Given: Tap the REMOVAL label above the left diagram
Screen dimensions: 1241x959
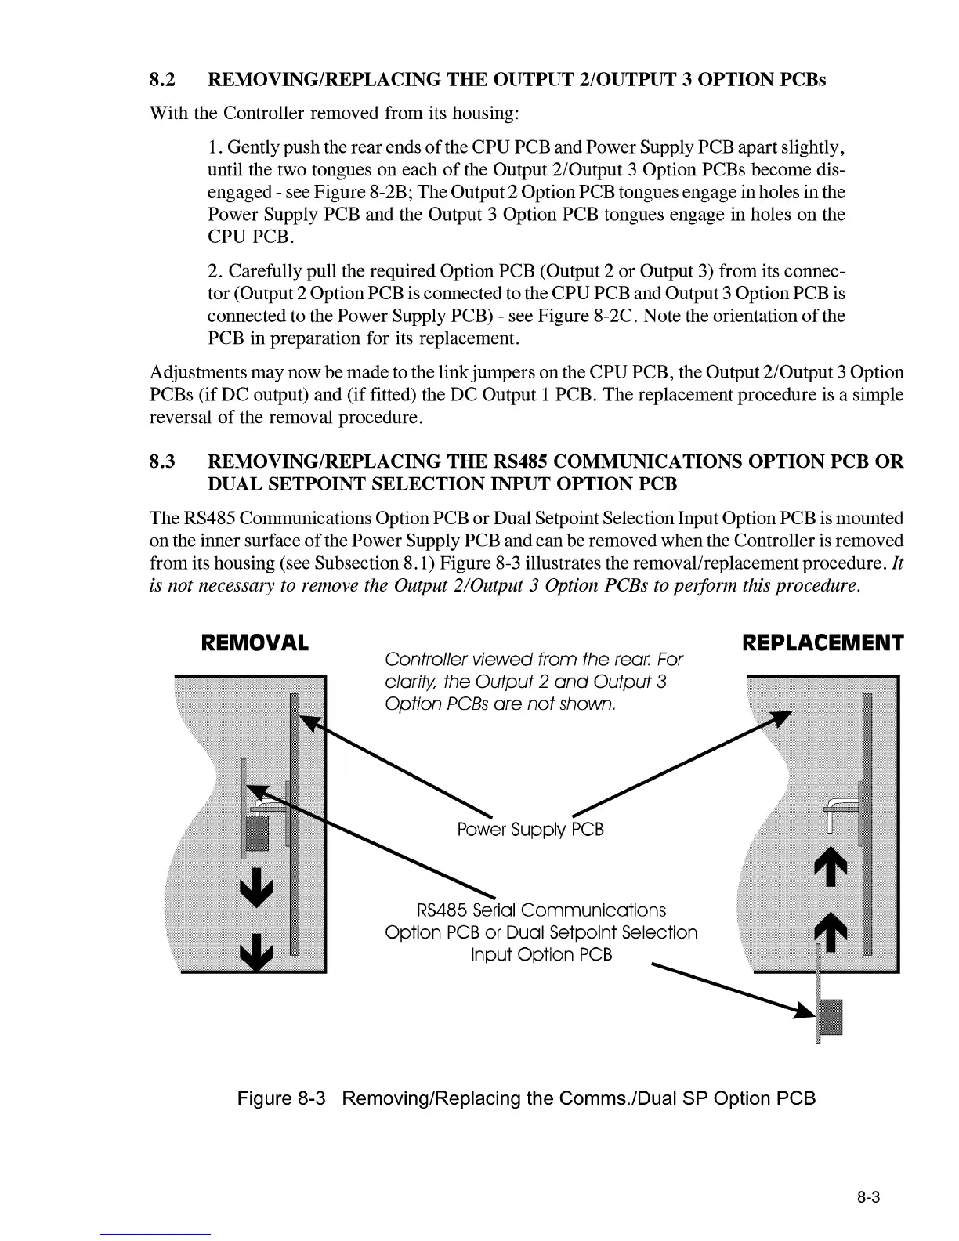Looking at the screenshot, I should coord(255,644).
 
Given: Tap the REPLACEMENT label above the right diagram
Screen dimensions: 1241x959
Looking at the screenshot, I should coord(822,644).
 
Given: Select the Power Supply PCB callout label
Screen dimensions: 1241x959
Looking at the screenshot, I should coord(530,830).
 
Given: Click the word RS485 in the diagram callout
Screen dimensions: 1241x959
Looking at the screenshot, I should coord(442,910).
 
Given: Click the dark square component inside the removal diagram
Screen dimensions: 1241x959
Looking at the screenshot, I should coord(258,832).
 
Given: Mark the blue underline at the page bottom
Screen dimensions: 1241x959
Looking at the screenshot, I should coord(155,1234).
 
